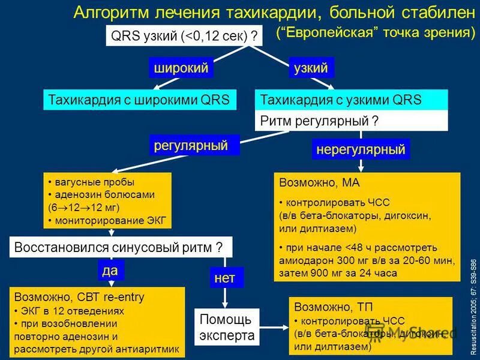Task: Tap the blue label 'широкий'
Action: coord(181,68)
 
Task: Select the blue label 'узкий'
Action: coord(311,68)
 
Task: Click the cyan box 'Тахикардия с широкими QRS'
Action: coord(139,100)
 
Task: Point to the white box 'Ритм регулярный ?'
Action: coord(352,121)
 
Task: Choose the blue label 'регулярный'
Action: coord(194,145)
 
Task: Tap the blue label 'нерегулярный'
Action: coord(361,149)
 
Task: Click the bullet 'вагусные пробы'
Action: coord(94,182)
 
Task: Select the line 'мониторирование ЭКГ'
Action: coord(110,220)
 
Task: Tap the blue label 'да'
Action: coord(110,271)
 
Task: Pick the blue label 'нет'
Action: coord(226,277)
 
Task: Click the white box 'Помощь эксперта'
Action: coord(227,327)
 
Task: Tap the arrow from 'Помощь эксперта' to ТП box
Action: coord(274,328)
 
